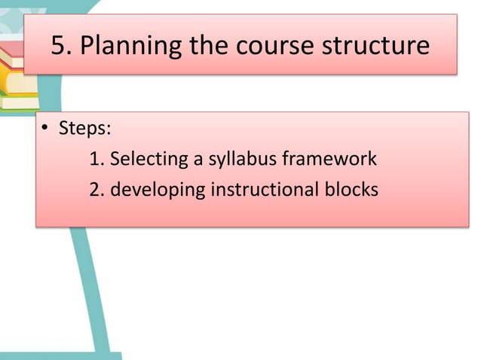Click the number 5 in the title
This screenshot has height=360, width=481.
point(58,46)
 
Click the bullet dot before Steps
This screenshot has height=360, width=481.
point(44,129)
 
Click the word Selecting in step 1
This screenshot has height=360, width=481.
point(149,160)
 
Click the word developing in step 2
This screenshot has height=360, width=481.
point(157,190)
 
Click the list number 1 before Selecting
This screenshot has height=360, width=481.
point(94,160)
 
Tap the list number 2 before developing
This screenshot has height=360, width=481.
point(94,190)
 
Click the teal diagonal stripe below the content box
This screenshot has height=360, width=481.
point(90,294)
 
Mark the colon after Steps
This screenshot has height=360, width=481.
point(109,130)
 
